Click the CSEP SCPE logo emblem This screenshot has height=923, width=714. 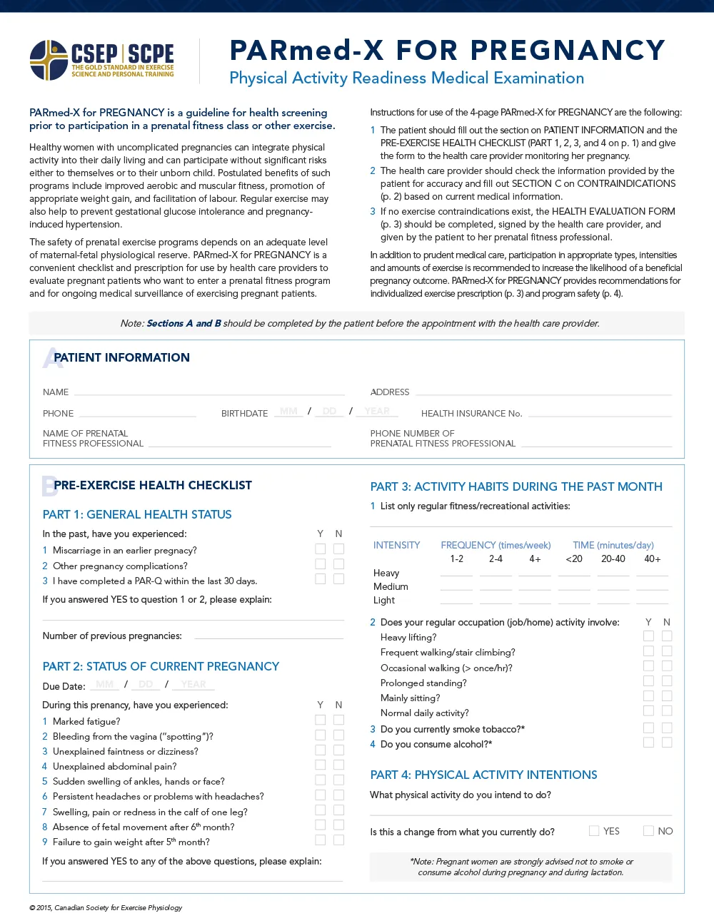pos(49,61)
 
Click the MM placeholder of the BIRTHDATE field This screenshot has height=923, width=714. pos(288,412)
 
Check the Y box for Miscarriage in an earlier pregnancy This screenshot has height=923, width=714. pos(321,549)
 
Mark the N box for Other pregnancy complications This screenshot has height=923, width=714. pos(339,564)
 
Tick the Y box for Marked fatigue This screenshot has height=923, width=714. pos(321,720)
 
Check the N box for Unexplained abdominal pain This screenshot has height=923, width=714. pos(339,765)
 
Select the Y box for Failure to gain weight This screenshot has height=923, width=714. pos(321,840)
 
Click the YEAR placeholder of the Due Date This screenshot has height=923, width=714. pos(193,685)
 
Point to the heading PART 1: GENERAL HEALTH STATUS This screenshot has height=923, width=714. pos(137,515)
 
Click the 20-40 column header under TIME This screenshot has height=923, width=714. pos(613,559)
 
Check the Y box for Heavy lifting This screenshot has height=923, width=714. pos(648,636)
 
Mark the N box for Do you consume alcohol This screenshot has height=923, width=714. pos(667,743)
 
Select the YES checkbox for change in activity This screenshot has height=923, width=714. pos(594,831)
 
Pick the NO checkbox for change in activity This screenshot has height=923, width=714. pos(648,831)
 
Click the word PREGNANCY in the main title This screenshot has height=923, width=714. pos(568,51)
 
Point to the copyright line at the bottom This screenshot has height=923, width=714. pos(106,908)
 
